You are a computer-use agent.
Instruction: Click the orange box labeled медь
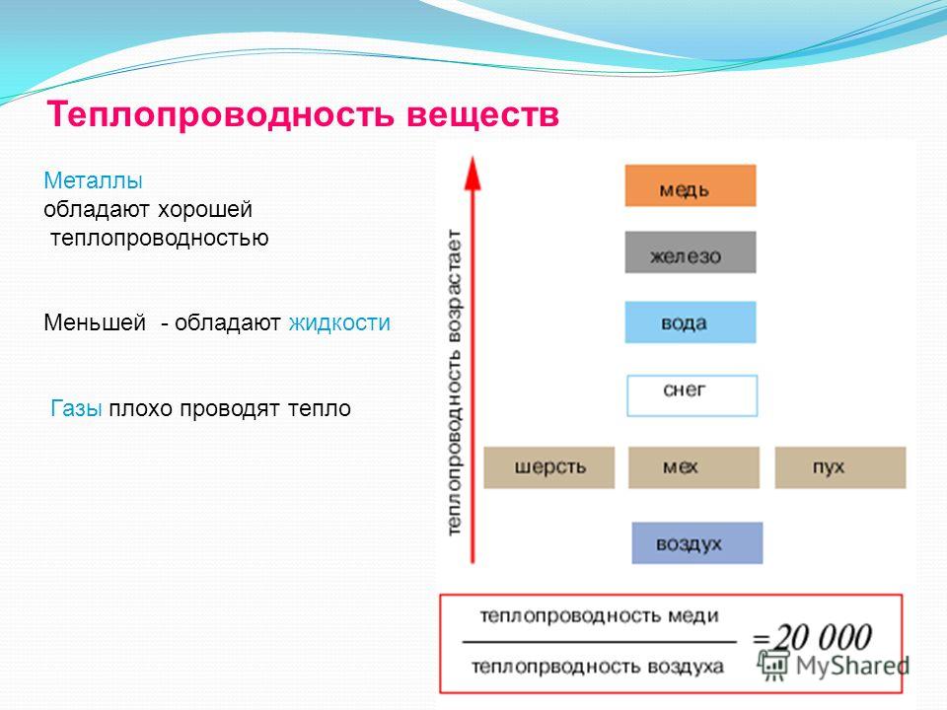tap(691, 186)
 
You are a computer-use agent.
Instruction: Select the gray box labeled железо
tap(691, 252)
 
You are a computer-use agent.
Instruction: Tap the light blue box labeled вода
tap(691, 322)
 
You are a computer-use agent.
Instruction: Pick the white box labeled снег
tap(692, 396)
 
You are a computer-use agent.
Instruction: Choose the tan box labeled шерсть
tap(549, 467)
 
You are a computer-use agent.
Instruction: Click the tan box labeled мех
tap(693, 467)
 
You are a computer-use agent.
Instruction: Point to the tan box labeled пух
tap(840, 467)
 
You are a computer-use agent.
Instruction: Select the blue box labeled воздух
tap(697, 543)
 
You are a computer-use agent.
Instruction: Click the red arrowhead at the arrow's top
tap(473, 174)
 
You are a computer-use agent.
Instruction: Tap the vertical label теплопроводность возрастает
tap(454, 383)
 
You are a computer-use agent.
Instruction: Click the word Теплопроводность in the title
tap(220, 114)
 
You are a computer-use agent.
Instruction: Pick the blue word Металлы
tap(93, 180)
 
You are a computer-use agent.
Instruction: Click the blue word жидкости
tap(339, 323)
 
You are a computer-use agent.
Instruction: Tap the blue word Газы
tap(76, 408)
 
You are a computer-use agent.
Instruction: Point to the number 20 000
tap(823, 638)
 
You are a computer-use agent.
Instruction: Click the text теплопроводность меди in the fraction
tap(599, 616)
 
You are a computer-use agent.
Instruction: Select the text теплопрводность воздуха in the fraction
tap(598, 668)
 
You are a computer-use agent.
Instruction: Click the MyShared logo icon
tap(773, 666)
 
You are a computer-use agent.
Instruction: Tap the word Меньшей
tap(95, 323)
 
